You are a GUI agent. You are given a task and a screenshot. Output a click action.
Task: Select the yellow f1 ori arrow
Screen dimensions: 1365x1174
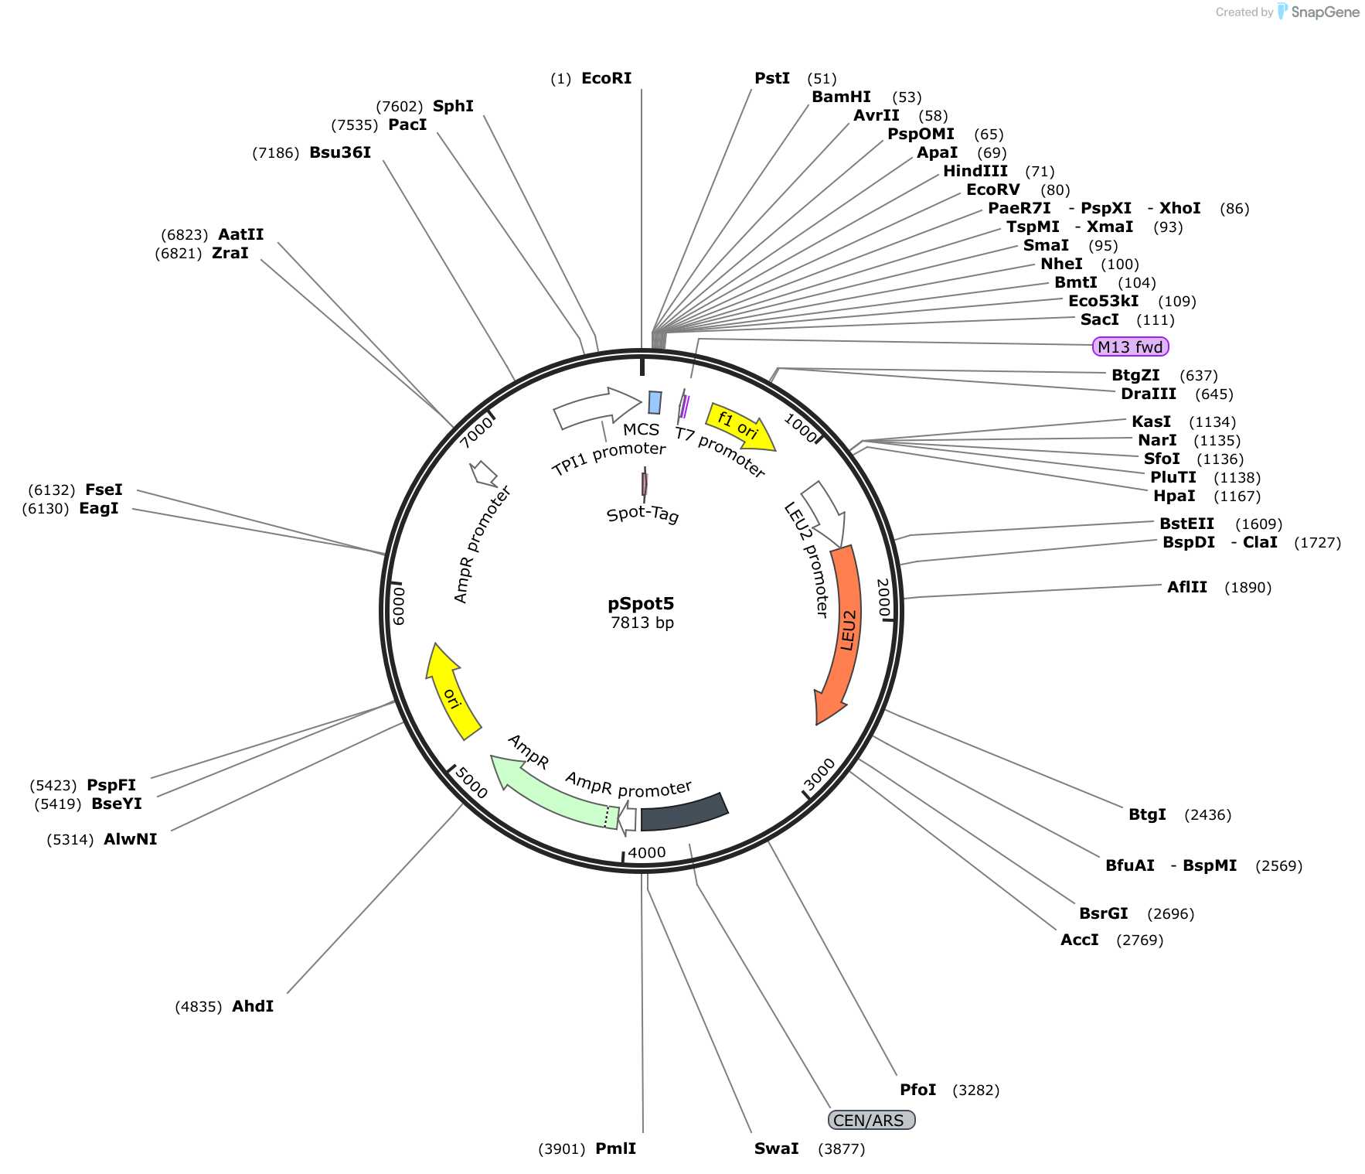pyautogui.click(x=740, y=426)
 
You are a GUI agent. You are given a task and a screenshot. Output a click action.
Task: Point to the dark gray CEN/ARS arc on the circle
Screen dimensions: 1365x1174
pyautogui.click(x=685, y=812)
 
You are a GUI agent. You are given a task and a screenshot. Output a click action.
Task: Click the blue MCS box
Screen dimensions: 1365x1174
pyautogui.click(x=655, y=402)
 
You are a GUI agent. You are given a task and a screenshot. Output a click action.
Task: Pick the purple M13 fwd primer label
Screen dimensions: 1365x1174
pyautogui.click(x=1130, y=346)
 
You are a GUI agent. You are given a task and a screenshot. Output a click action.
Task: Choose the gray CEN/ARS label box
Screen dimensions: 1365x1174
pyautogui.click(x=871, y=1120)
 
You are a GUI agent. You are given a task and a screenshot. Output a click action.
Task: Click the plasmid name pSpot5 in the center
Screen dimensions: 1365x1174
pyautogui.click(x=641, y=603)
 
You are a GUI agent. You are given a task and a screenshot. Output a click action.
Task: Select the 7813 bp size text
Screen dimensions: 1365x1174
pyautogui.click(x=642, y=623)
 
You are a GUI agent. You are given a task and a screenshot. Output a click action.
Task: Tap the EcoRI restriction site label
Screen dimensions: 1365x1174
pyautogui.click(x=606, y=78)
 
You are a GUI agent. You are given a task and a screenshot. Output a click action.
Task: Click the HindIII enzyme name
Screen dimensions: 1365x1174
pyautogui.click(x=975, y=171)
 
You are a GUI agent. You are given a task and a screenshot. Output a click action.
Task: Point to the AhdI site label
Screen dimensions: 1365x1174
pyautogui.click(x=253, y=1006)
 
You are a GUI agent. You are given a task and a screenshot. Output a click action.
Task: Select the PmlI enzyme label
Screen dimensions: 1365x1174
pyautogui.click(x=615, y=1148)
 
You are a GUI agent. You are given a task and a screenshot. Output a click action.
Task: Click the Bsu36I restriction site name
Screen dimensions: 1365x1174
pyautogui.click(x=340, y=152)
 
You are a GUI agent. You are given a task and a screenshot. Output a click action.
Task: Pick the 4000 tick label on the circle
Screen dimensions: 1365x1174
pyautogui.click(x=646, y=852)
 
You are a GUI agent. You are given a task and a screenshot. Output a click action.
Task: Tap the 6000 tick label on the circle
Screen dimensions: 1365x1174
pyautogui.click(x=399, y=605)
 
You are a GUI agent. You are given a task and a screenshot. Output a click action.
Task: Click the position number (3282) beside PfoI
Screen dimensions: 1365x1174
pyautogui.click(x=975, y=1090)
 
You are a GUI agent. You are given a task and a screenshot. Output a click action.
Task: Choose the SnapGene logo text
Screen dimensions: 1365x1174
pyautogui.click(x=1325, y=12)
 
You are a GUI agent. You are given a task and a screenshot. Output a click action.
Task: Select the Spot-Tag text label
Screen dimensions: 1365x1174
pyautogui.click(x=643, y=514)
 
